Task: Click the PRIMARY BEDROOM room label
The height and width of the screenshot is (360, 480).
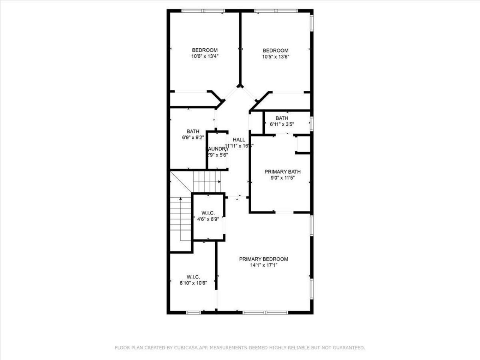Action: (264, 259)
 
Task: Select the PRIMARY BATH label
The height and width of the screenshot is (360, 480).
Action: (282, 172)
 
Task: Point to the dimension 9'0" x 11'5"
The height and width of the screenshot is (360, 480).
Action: (282, 178)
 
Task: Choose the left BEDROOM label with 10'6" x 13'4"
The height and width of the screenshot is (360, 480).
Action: (205, 50)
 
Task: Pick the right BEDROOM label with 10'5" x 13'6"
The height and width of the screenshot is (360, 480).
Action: (276, 51)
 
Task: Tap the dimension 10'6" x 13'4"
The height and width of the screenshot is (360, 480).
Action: (205, 57)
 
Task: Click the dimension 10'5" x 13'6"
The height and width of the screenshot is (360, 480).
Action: (276, 57)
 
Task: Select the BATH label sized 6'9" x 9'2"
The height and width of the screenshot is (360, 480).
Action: (193, 131)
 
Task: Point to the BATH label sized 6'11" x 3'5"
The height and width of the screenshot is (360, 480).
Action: (282, 118)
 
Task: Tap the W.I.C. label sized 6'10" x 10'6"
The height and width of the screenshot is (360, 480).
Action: (193, 277)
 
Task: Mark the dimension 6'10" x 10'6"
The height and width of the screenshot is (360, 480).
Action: (193, 283)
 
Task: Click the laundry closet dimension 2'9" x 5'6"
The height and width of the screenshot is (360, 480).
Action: (217, 155)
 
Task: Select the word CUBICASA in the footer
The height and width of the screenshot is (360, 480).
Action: (183, 348)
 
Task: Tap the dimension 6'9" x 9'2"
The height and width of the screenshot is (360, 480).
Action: (193, 138)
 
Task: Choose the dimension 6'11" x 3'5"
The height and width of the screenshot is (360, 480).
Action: (282, 124)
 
